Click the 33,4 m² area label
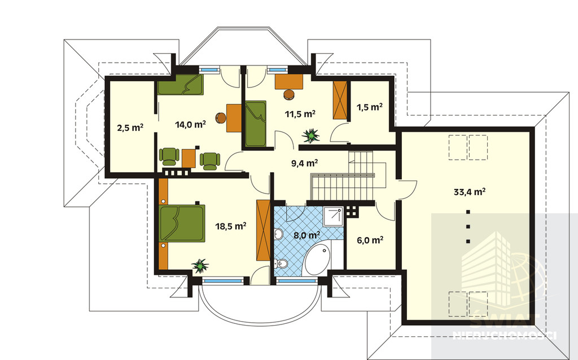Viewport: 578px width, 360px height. (469, 192)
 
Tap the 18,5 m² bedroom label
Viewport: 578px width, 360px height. (231, 226)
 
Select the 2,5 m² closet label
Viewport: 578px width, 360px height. (130, 128)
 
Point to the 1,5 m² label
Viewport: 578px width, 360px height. (369, 107)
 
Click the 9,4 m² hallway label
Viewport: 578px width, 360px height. (305, 163)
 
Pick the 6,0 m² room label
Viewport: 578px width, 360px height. (370, 240)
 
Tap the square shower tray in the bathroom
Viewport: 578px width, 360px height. (334, 217)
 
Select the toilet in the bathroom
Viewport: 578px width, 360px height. (281, 263)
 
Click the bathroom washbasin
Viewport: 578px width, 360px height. (278, 234)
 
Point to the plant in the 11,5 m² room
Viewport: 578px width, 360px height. (311, 135)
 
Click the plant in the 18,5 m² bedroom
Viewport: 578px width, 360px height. (200, 265)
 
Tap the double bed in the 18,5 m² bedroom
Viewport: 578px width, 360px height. (182, 223)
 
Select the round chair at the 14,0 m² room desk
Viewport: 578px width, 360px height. (221, 118)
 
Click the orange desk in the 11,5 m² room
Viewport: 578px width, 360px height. (289, 81)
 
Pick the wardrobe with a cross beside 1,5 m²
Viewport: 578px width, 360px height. (340, 100)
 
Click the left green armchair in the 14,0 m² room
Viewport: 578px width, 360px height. (169, 156)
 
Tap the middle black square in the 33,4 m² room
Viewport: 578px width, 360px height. (468, 227)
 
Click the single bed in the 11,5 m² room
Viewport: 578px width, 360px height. (256, 124)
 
